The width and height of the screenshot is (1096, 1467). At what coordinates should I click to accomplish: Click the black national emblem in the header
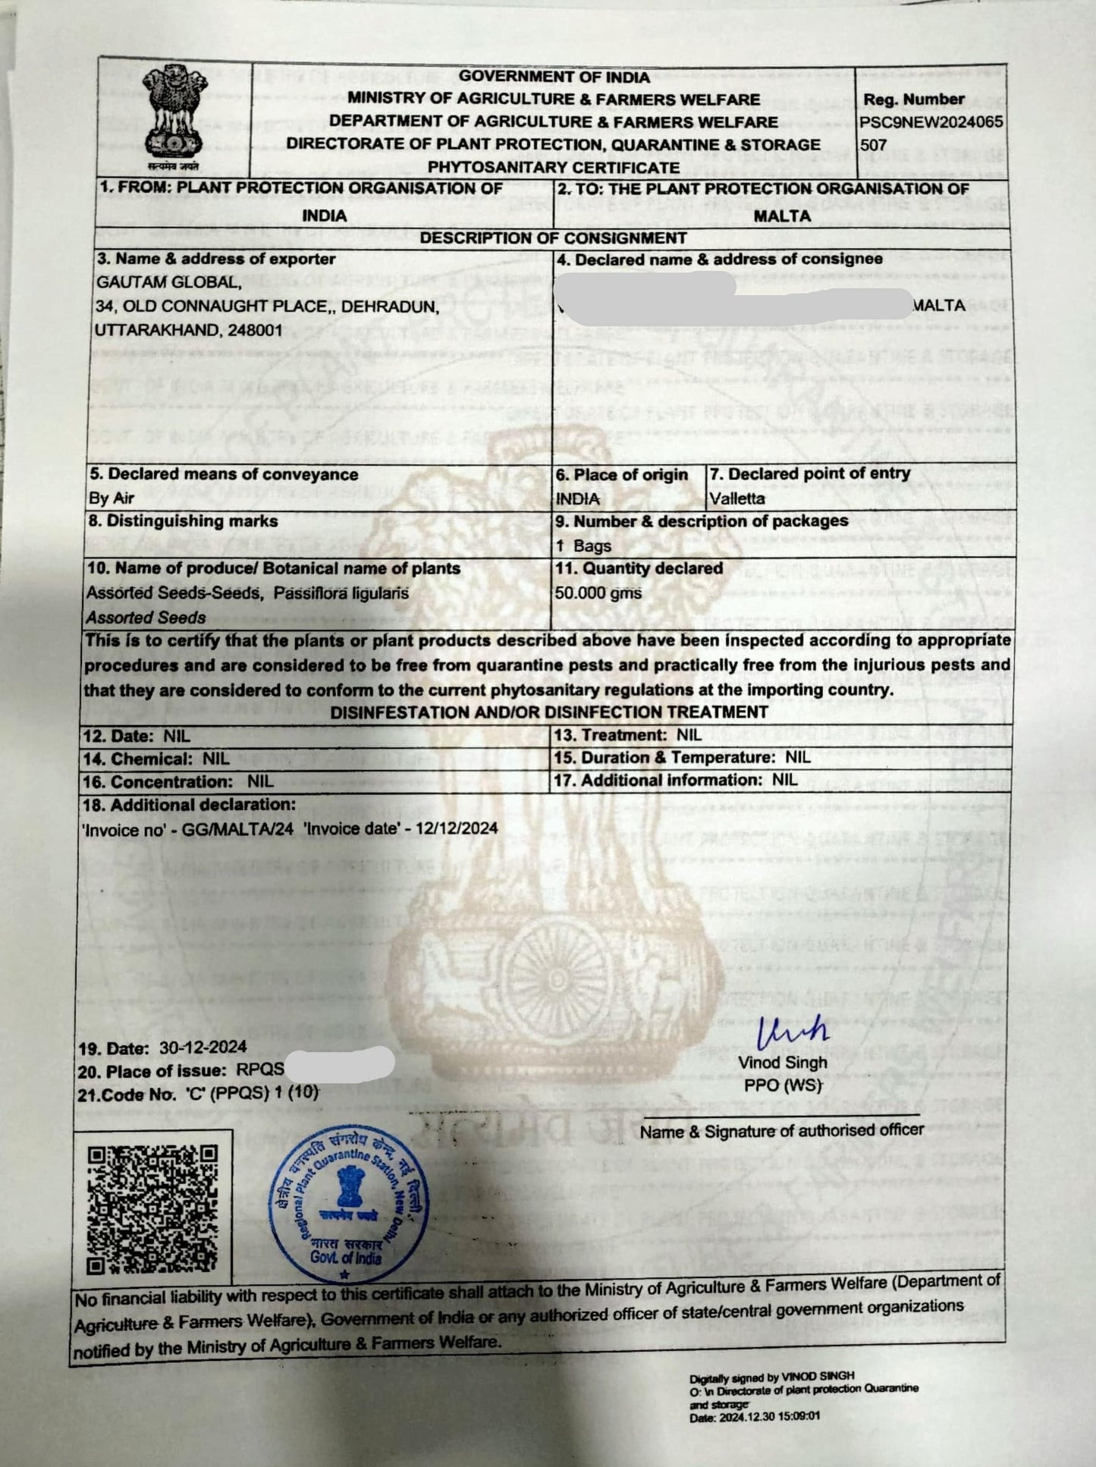click(174, 115)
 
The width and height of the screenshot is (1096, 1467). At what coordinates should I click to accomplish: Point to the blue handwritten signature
click(793, 1032)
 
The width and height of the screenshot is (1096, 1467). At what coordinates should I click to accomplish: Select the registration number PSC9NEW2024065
click(931, 121)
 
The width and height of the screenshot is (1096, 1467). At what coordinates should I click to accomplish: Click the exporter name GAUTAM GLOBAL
click(168, 282)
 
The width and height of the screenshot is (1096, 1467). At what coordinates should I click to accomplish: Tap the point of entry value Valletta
click(737, 498)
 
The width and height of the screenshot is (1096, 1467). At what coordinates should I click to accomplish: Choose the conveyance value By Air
click(111, 498)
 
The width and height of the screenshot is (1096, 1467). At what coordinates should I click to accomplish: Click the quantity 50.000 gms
click(598, 592)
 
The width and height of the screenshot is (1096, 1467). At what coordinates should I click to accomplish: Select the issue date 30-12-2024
click(203, 1048)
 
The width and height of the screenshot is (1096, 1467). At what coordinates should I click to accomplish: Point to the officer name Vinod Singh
click(783, 1063)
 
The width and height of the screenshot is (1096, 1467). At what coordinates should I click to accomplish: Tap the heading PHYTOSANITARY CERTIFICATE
click(554, 167)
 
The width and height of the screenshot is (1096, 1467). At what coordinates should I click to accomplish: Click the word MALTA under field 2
click(782, 215)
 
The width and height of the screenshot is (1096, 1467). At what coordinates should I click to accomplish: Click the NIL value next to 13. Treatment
click(689, 734)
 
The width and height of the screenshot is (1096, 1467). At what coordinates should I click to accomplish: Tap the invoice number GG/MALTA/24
click(237, 829)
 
